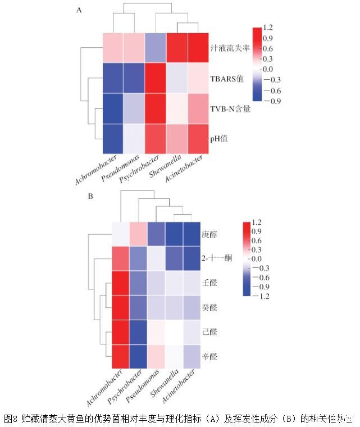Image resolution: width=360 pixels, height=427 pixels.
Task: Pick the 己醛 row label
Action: tap(209, 333)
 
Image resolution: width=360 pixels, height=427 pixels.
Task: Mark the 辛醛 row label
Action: tap(209, 357)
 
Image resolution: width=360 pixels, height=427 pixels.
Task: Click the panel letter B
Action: tap(90, 197)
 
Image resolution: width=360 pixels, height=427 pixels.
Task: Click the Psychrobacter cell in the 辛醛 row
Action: tap(139, 357)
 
